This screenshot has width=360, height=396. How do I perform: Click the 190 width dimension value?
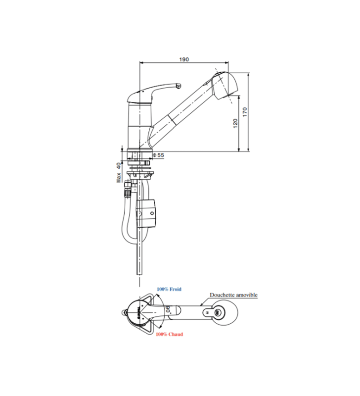[184, 59]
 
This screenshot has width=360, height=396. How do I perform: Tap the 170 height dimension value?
[245, 112]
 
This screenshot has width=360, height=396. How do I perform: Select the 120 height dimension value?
[235, 123]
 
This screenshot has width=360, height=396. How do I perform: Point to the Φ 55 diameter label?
[158, 155]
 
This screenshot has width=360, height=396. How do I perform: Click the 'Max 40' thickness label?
[119, 172]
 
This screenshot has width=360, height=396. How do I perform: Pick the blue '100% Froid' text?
[169, 289]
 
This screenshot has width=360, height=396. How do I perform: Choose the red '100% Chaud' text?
[169, 334]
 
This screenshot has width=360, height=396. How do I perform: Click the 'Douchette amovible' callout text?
[233, 295]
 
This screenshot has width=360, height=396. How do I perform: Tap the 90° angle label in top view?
[168, 308]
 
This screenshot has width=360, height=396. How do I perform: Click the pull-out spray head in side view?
[225, 85]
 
